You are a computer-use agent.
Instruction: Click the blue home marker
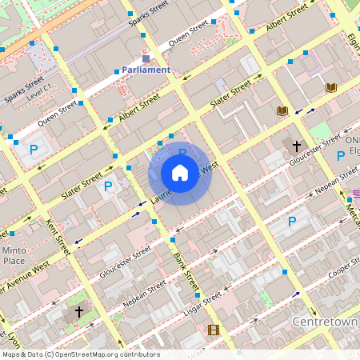coord(180,173)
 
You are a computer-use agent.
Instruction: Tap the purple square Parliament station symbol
coord(146,58)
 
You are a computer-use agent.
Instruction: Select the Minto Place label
coord(14,255)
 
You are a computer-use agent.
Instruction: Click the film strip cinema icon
coord(213,329)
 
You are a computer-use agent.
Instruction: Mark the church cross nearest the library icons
coord(297,146)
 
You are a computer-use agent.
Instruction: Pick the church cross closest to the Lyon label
coord(78,311)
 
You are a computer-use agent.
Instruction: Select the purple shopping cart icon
coord(357,193)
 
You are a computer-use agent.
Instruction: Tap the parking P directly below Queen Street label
coord(34,149)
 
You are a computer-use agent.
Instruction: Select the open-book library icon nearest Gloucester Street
coord(282,110)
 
